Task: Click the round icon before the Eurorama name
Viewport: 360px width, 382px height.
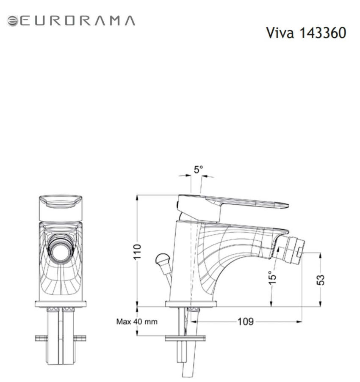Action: click(12, 21)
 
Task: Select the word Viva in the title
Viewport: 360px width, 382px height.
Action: click(280, 33)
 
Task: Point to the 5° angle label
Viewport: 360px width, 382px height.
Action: click(198, 170)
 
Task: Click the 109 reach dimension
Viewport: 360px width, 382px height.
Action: click(246, 322)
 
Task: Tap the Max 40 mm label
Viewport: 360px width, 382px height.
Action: click(137, 322)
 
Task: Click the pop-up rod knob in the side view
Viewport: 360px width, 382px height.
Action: click(162, 258)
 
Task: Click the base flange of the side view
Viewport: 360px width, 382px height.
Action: click(191, 304)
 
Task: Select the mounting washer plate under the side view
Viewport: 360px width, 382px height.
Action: click(185, 338)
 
